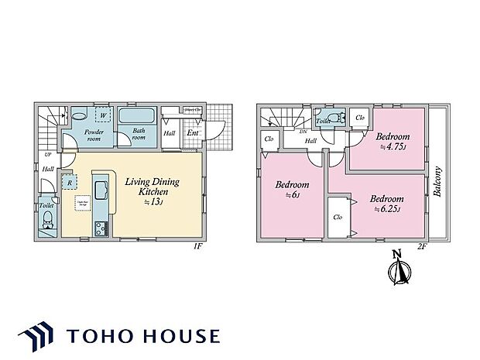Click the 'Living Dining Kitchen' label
tap(152, 186)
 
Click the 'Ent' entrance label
tap(194, 133)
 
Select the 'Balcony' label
tap(438, 181)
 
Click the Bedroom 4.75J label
tap(393, 142)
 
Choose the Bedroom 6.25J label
tap(386, 203)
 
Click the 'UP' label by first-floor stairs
tap(47, 155)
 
